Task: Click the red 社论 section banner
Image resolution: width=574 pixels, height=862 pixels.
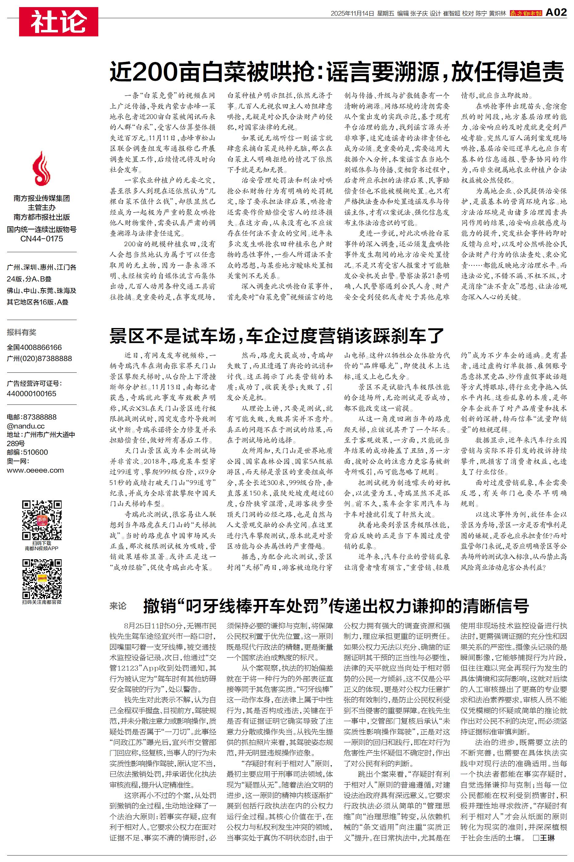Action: [59, 22]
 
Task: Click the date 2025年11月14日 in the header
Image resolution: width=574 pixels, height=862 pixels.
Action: [352, 14]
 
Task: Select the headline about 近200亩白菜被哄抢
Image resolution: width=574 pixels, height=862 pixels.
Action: [336, 72]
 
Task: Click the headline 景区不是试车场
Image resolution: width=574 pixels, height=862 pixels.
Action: [277, 335]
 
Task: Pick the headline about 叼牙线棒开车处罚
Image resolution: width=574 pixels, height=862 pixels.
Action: [336, 606]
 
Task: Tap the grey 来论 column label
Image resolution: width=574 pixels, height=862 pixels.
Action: [118, 606]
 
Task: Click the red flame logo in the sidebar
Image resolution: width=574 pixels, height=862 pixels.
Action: [41, 169]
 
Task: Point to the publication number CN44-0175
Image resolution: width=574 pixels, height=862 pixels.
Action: [42, 239]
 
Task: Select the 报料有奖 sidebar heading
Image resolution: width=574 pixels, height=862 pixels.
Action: [22, 332]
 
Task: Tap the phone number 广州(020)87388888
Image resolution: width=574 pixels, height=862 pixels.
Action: [39, 359]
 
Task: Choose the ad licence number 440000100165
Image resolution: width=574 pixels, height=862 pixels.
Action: [31, 394]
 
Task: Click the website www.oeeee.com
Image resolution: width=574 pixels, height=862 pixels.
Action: [35, 470]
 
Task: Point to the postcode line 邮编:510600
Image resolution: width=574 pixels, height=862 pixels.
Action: [27, 452]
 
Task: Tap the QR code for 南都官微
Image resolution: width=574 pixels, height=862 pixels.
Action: [41, 579]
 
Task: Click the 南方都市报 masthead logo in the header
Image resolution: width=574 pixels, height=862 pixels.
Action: [526, 13]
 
